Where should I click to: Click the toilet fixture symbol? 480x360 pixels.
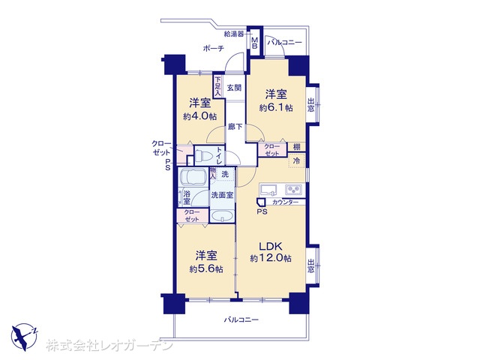204,155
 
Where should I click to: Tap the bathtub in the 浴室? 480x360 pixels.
193,177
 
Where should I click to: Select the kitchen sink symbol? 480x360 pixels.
268,190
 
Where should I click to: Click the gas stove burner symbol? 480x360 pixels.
294,190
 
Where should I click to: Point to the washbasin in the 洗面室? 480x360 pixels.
222,216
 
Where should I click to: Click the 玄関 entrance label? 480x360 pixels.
234,88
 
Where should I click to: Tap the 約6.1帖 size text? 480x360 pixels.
276,108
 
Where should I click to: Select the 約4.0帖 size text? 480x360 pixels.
200,116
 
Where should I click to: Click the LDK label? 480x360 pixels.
270,247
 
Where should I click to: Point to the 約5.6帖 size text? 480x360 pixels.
206,269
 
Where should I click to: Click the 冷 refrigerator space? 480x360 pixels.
296,160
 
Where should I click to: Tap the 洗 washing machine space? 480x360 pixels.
225,174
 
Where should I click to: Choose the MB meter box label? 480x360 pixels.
255,43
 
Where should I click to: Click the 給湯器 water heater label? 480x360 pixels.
234,34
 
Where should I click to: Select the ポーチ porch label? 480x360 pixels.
213,48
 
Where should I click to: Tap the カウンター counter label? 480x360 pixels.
285,202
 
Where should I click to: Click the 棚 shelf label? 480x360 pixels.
297,147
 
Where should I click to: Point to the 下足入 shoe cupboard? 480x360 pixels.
217,86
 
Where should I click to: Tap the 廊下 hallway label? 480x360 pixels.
235,126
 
